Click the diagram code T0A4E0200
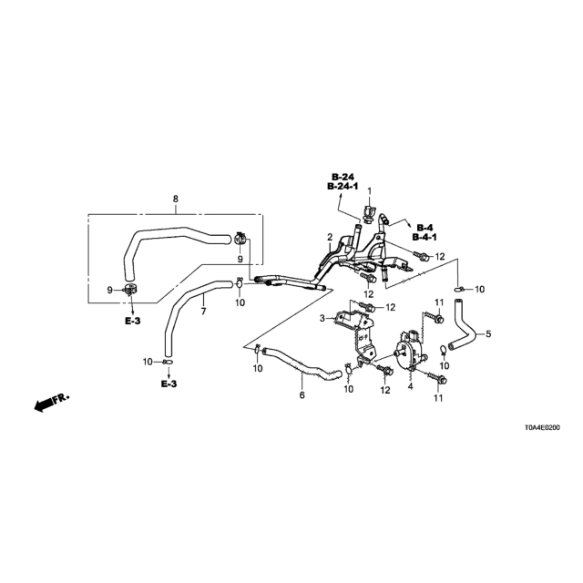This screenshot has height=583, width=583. (x=542, y=428)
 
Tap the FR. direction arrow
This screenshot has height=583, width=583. (x=51, y=403)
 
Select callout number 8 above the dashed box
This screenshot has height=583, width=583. (x=176, y=199)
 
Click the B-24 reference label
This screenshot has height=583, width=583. (x=343, y=177)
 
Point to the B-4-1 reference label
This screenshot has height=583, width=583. (x=424, y=237)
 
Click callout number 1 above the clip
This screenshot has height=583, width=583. (x=370, y=191)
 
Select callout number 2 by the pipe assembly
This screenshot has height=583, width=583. (x=330, y=237)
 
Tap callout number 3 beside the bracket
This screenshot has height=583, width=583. (x=322, y=318)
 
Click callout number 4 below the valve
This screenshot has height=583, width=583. (x=410, y=386)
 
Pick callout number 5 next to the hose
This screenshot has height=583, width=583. (x=488, y=334)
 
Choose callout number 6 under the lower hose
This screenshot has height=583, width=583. (x=302, y=394)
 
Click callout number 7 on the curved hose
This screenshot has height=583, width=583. (x=203, y=311)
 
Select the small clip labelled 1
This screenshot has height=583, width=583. (x=367, y=214)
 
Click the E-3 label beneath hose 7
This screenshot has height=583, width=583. (x=169, y=384)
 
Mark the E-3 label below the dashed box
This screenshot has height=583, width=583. (x=132, y=321)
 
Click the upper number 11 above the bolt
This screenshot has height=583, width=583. (x=439, y=302)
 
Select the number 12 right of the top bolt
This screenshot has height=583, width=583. (x=440, y=257)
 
